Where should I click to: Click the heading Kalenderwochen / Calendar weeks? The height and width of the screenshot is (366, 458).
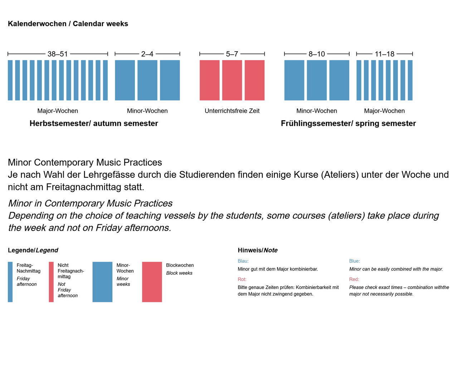[68, 24]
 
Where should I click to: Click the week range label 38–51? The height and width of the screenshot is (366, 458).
[58, 54]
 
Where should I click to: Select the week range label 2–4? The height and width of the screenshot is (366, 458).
[147, 54]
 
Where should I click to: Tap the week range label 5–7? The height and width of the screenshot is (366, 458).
[232, 54]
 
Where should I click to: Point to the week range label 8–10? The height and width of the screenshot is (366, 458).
[317, 54]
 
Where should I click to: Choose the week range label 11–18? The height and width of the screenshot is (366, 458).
[384, 54]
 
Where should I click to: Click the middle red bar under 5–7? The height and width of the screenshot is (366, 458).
[232, 80]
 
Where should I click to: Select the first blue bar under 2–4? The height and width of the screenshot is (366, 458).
[125, 80]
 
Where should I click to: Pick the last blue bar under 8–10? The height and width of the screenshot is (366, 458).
[339, 80]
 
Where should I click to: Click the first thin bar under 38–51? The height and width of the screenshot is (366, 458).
[10, 80]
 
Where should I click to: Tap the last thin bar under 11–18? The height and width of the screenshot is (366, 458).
[410, 80]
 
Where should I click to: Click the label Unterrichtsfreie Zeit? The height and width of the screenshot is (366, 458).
[232, 111]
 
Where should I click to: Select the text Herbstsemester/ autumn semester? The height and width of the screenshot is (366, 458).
[94, 123]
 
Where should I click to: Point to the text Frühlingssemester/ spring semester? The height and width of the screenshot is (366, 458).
[348, 123]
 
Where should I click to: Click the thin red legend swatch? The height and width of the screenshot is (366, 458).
[51, 282]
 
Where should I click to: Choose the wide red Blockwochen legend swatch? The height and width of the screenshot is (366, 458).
[152, 282]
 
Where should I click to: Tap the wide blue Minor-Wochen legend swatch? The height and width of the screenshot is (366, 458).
[102, 282]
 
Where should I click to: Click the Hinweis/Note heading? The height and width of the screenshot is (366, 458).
[258, 250]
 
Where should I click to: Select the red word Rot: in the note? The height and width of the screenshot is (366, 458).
[242, 279]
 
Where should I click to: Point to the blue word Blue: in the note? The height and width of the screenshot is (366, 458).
[355, 261]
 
